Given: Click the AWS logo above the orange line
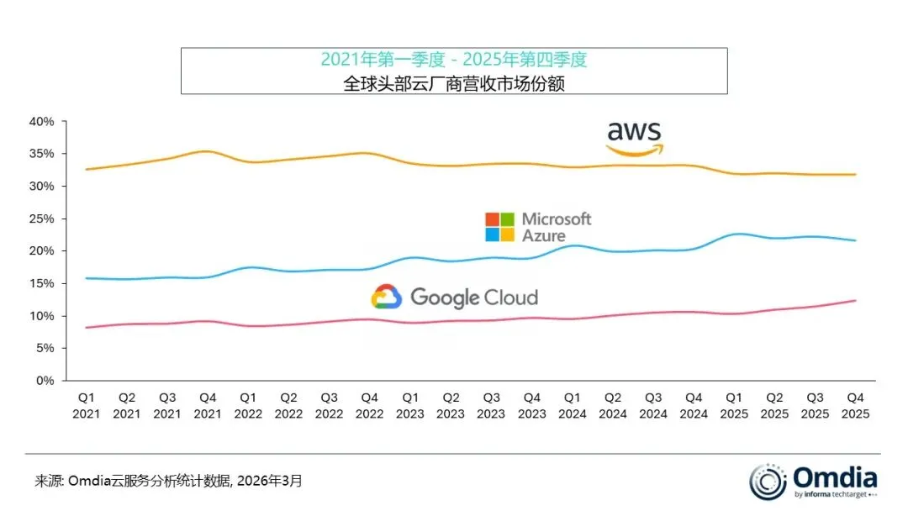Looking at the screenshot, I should [634, 138].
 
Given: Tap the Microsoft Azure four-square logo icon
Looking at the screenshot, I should [499, 227].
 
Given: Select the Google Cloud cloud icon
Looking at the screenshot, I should [386, 297].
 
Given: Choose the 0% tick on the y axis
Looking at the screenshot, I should [45, 381].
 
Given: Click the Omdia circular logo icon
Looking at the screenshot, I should [767, 482].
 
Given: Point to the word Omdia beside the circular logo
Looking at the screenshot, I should [835, 477].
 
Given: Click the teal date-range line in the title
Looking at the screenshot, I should [453, 60].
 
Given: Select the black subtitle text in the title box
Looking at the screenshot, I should [453, 82].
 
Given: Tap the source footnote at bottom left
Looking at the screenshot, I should [168, 482].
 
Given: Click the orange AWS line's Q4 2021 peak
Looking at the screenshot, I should [207, 151].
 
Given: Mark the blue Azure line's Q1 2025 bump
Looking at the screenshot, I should [734, 234].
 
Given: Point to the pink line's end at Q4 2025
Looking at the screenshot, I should [855, 301].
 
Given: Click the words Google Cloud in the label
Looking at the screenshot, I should [473, 297].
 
